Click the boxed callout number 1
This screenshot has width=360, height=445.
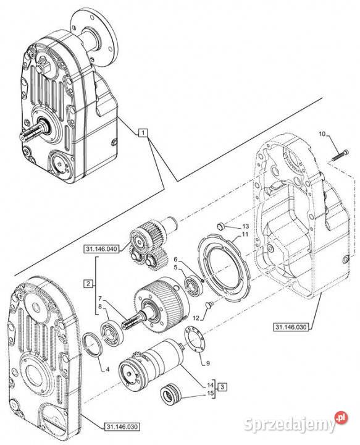point(143,133)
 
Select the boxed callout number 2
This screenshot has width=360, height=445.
point(88,284)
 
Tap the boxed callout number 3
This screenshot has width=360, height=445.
point(222,386)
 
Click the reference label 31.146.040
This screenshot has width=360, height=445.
point(101,249)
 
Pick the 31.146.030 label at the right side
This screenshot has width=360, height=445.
point(291,327)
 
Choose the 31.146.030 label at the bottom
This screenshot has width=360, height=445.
point(122,426)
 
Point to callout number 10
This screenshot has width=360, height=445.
point(322,133)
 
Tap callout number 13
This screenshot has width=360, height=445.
point(246,226)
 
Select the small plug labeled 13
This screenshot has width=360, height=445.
point(220,226)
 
